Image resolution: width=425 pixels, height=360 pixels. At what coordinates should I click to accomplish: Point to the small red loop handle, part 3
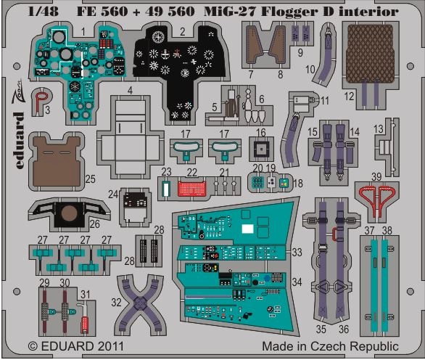coord(41,99)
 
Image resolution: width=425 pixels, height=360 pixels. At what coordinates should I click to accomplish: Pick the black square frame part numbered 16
coord(261,150)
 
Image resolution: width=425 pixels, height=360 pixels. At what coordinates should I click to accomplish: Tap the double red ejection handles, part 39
coord(376,200)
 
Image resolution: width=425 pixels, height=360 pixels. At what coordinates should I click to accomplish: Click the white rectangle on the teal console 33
coord(247,229)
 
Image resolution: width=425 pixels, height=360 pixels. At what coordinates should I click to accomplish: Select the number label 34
coord(297,282)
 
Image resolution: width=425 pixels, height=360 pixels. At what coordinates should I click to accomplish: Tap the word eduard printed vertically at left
coord(18,141)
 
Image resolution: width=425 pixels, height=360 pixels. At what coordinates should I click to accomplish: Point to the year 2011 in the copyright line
coord(110,346)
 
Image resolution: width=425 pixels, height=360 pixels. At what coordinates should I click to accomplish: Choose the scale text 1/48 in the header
coord(43,12)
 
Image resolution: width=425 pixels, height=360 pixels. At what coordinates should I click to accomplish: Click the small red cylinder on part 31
coord(85,324)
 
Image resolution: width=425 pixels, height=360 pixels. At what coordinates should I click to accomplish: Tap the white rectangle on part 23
coord(165,188)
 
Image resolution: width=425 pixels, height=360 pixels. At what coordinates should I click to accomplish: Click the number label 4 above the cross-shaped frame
coord(130,91)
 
